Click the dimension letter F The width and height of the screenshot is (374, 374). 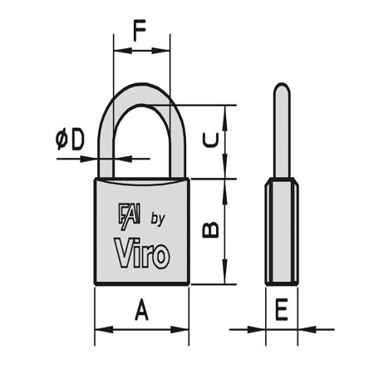click(140, 30)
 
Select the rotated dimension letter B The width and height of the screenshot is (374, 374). click(210, 229)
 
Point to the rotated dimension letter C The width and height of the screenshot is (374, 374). click(210, 140)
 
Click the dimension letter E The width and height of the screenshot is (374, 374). click(282, 310)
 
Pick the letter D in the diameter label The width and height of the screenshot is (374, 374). click(76, 140)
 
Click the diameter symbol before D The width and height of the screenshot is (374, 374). click(62, 140)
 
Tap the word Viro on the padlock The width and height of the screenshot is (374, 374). click(142, 253)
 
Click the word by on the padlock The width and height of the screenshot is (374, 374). click(157, 219)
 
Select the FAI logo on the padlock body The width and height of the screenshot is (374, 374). click(130, 216)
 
